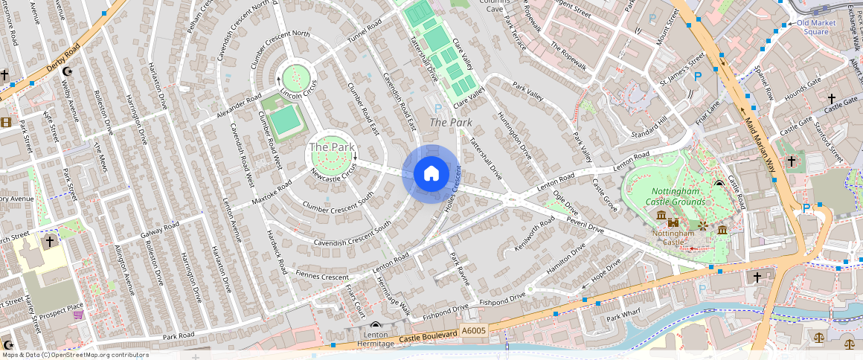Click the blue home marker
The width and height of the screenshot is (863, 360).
(431, 173)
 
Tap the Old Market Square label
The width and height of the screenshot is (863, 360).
(812, 28)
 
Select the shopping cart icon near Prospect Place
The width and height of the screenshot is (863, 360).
(78, 315)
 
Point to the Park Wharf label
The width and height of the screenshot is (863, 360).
(623, 318)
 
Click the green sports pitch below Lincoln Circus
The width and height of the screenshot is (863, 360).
(283, 121)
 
